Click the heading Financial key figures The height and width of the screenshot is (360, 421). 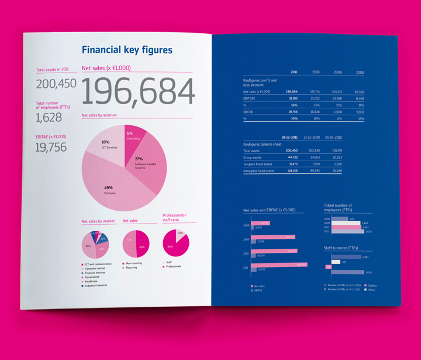point(127,50)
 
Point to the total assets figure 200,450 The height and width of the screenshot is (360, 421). point(56,84)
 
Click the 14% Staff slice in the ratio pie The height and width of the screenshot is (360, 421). point(181,233)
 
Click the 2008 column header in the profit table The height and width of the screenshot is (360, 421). point(360,73)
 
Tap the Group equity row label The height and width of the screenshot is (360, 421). point(253,157)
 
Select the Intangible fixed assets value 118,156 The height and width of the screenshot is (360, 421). point(291,170)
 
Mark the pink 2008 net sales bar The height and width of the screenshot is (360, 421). point(263,223)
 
